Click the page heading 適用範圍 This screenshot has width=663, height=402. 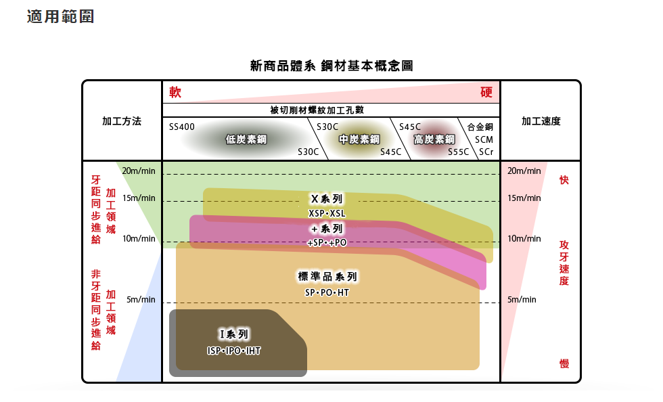[60, 16]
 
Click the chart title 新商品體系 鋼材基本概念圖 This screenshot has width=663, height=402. [331, 66]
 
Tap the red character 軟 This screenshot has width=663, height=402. [175, 92]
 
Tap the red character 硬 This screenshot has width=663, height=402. [486, 92]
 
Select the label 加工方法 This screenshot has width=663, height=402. [122, 121]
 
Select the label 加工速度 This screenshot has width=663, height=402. [541, 121]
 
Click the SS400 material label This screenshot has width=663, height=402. [181, 127]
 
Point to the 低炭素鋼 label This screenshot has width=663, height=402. [246, 139]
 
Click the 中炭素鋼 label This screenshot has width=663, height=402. [359, 139]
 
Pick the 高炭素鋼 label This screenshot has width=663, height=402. [434, 139]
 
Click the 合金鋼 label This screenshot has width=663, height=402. [480, 127]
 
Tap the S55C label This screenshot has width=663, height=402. [458, 152]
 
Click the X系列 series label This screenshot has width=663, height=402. [327, 199]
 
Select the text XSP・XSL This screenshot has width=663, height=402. [327, 213]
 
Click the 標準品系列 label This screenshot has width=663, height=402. [327, 277]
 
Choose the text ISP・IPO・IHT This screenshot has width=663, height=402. [234, 351]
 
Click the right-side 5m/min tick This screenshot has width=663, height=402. [522, 299]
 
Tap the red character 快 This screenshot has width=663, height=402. [564, 180]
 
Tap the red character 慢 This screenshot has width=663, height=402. [564, 364]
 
